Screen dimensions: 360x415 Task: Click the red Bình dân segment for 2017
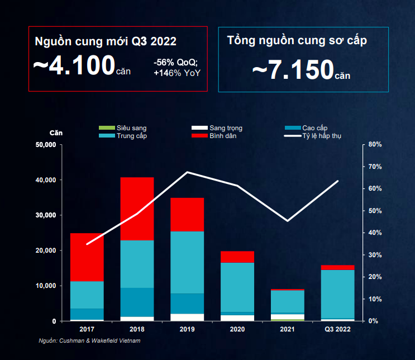click(x=87, y=257)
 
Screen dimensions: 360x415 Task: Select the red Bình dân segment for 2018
click(x=137, y=209)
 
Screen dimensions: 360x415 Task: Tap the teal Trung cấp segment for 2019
click(x=187, y=262)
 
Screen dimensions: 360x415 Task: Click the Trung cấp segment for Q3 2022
click(x=337, y=293)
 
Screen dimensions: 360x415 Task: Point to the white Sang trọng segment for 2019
click(x=187, y=317)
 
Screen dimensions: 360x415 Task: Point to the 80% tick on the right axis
click(x=375, y=145)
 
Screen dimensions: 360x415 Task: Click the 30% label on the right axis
click(x=375, y=255)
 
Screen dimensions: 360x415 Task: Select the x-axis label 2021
click(x=288, y=330)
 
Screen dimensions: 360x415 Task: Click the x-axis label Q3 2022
click(x=338, y=330)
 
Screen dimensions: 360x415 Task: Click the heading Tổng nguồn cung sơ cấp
click(x=297, y=40)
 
